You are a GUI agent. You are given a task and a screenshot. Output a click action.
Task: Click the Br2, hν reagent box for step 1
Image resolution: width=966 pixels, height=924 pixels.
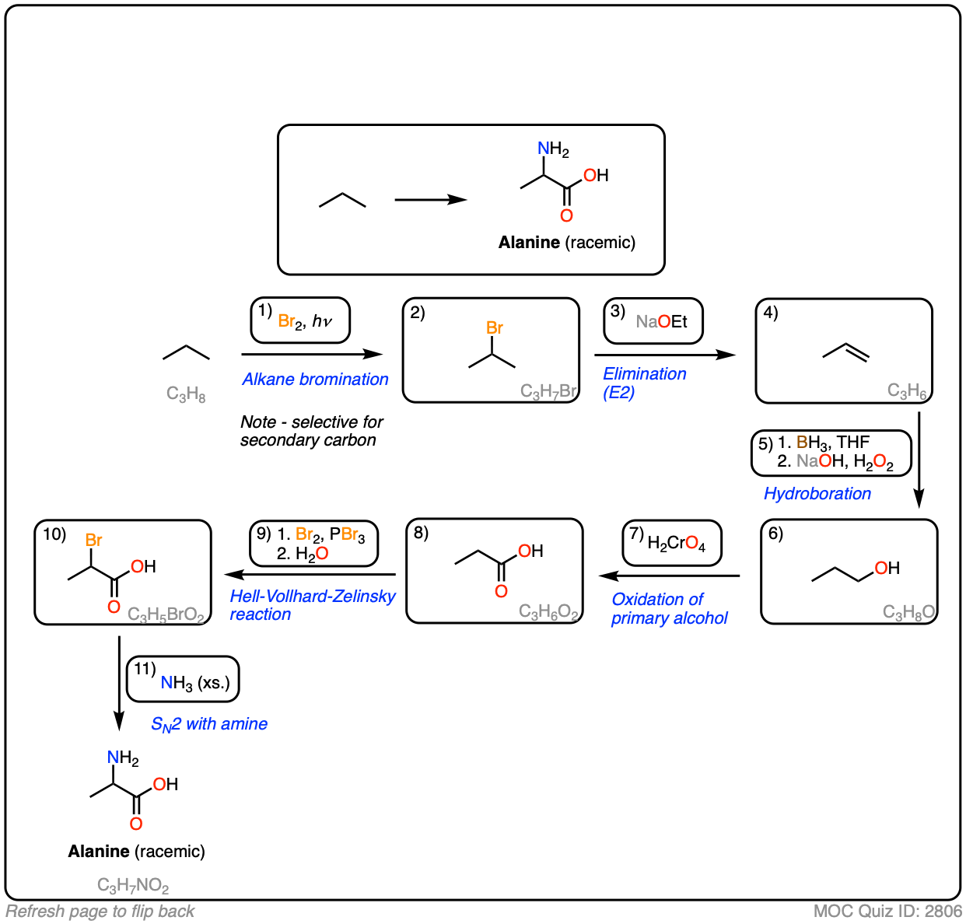coord(300,320)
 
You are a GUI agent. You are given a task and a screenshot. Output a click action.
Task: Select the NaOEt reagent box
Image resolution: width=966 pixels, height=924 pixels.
coord(653,321)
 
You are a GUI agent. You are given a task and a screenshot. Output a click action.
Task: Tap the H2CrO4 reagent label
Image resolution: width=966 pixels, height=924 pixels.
coord(673,543)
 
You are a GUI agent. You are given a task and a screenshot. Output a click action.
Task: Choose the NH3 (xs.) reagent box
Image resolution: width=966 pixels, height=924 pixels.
coord(184,680)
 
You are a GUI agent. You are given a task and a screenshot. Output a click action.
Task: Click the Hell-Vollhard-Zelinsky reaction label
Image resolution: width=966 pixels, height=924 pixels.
coord(312,605)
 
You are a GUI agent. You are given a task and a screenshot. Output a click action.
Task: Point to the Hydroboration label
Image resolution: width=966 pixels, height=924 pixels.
coord(817,493)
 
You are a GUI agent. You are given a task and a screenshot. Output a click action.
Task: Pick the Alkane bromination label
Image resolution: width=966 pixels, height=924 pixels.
coord(315,379)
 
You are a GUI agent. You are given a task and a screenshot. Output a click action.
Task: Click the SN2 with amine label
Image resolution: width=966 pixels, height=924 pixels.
coord(208,724)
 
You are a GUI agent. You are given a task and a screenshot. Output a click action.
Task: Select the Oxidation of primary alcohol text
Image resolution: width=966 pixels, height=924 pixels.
coord(669,608)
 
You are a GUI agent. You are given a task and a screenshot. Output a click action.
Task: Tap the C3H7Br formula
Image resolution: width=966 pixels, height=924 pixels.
coord(548,390)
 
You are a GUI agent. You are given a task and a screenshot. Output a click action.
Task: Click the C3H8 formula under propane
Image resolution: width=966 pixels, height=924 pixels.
coord(186,394)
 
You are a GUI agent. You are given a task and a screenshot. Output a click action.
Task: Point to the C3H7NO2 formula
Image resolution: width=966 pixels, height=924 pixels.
coord(133,885)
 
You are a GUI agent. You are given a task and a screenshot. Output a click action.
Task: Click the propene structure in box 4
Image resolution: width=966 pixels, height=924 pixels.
coord(846,353)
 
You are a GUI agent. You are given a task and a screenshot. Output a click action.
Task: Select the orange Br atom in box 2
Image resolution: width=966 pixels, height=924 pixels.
coord(495,328)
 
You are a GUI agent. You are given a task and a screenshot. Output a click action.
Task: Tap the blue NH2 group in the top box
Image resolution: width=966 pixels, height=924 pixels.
coord(553,149)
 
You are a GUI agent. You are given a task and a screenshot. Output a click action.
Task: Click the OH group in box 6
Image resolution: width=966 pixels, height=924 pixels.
coord(887,568)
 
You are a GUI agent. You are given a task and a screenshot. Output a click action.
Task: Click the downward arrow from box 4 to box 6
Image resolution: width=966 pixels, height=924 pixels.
coord(919,459)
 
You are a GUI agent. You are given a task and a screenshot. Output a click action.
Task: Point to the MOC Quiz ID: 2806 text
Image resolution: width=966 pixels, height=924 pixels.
coord(887,911)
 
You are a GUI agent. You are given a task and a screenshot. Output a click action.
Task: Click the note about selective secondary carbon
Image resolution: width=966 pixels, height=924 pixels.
coord(311,431)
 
